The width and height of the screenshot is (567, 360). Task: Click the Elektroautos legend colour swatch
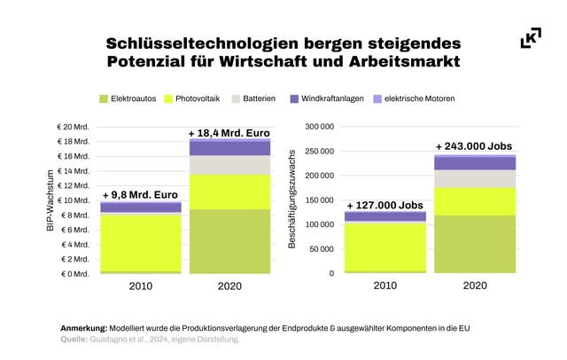[105, 98]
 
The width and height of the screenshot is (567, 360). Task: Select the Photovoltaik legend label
[198, 98]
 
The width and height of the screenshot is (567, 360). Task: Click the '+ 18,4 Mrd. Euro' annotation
[229, 132]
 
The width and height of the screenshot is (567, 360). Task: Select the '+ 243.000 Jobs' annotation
[474, 146]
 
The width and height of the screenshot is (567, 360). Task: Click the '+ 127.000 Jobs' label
[384, 204]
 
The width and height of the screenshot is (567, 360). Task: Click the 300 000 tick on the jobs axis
[318, 127]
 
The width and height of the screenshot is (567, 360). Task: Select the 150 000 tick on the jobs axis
[318, 200]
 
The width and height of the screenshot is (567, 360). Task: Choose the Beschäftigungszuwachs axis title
[292, 200]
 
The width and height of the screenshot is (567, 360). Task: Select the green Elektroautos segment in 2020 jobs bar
[474, 244]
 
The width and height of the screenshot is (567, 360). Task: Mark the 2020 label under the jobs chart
[474, 286]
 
